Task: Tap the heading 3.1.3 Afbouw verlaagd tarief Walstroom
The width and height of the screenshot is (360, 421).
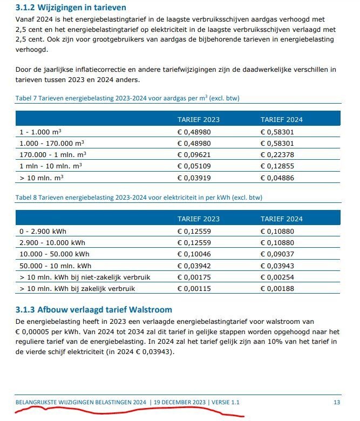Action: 94,310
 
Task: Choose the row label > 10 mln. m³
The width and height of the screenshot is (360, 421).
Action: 41,178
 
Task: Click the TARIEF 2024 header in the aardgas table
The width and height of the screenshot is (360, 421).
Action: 281,119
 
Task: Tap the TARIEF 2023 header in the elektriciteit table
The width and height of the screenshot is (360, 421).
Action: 198,219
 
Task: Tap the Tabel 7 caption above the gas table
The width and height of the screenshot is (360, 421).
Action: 127,99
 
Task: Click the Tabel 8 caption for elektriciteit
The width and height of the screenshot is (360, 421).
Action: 139,198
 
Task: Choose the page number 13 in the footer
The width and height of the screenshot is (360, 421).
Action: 337,402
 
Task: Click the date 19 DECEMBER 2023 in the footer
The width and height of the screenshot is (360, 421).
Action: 179,402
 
